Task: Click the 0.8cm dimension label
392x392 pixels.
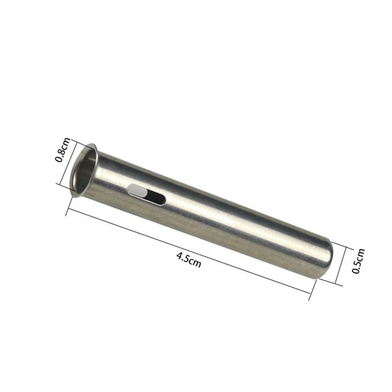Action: pos(63,150)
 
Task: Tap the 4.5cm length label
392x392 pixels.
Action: pos(189,260)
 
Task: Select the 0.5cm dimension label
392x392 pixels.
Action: pos(358,261)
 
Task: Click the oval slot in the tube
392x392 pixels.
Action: pos(146,194)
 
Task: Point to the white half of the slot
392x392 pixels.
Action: pos(137,190)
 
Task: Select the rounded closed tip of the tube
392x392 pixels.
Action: pos(325,260)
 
